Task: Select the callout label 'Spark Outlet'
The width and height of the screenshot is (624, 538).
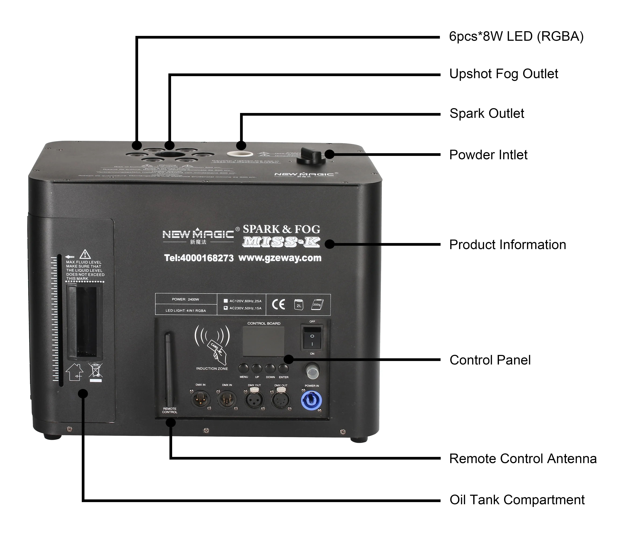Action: coord(487,114)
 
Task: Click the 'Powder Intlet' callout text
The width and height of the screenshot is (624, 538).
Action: coord(488,155)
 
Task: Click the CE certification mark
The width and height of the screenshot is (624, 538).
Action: coord(278,305)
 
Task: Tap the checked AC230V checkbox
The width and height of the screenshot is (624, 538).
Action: coord(226,308)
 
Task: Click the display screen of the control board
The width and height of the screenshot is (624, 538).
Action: coord(263,341)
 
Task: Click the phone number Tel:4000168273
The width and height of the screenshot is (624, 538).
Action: coord(199,258)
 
